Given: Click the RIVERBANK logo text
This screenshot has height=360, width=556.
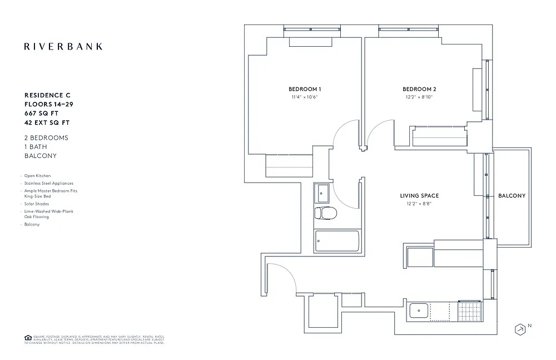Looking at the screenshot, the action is [63, 46].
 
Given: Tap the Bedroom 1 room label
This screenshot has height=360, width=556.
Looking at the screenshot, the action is [305, 89].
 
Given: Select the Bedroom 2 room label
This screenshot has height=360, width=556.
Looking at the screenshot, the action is [419, 89].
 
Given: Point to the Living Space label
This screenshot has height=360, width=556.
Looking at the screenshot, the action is [419, 195].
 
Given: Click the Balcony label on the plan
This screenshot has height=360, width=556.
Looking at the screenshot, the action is [512, 196].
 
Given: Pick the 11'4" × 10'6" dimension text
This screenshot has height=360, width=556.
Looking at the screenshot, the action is [305, 97].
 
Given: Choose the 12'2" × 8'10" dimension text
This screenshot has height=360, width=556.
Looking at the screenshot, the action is [419, 97].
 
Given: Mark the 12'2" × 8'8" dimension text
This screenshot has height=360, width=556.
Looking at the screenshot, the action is [419, 203].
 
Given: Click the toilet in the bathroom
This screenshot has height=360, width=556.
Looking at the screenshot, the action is [325, 214].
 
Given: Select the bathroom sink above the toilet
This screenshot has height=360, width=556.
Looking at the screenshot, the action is [322, 193].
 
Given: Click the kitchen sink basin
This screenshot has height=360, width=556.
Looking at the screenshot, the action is [418, 310].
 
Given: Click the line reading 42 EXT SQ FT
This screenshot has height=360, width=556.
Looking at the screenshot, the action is [48, 122].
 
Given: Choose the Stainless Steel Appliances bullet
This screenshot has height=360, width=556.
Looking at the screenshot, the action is [48, 183].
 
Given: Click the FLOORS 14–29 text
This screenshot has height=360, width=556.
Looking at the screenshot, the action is [48, 104].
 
